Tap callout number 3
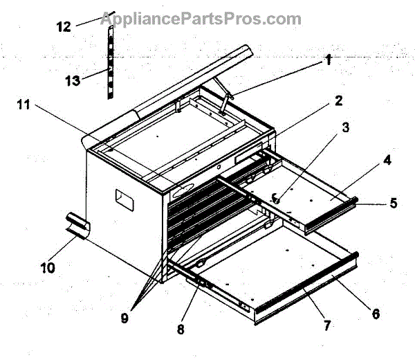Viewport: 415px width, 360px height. (345, 129)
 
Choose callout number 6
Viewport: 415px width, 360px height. (376, 313)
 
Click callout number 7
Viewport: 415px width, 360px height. (326, 324)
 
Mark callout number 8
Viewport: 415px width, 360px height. (181, 330)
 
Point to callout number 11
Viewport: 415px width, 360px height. (24, 105)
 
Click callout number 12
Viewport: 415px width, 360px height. (64, 27)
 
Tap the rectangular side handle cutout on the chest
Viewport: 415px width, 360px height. (124, 201)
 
